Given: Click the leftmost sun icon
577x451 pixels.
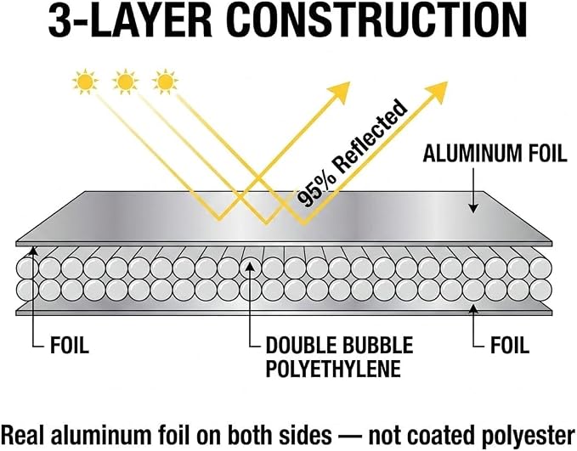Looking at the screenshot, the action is [85, 82].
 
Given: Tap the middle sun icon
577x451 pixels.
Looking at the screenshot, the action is [125, 82].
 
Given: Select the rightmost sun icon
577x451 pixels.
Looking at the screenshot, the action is [165, 82].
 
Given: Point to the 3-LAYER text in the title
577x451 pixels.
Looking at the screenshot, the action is [131, 21].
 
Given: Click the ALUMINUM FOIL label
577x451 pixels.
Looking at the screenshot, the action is [495, 154].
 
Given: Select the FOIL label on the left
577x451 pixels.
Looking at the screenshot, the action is [70, 346].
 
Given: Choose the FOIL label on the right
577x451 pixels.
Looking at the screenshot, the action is [510, 346].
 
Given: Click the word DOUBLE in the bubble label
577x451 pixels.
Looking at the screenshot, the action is [301, 346].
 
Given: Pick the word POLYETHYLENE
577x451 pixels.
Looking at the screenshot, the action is [333, 369].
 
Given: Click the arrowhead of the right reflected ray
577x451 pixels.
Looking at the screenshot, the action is [437, 92].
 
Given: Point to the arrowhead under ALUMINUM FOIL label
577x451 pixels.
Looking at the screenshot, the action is [473, 208].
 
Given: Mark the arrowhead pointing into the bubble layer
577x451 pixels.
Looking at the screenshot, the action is [250, 266].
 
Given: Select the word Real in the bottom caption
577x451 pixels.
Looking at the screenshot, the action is [24, 434].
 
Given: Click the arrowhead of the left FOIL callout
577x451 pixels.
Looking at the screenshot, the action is [33, 251].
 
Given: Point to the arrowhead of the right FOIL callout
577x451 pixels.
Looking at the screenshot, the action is [473, 308].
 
